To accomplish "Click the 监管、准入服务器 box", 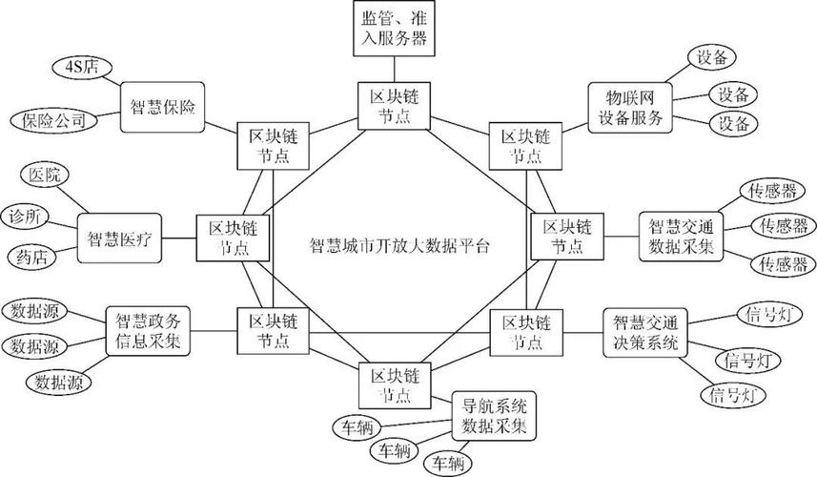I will pos(393,29).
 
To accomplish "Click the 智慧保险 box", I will pos(163,106).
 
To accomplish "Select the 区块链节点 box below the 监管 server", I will pos(393,106).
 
